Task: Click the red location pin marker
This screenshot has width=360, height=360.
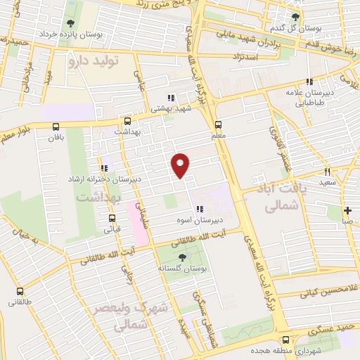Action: pos(181,165)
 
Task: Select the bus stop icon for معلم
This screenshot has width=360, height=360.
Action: pos(218,122)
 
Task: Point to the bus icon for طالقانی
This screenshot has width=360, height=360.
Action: pos(20,290)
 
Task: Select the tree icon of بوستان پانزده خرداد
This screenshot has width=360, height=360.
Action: pos(68,24)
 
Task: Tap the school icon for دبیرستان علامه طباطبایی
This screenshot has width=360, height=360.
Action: pos(309,82)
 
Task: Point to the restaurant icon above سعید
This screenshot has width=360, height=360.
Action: pos(327,172)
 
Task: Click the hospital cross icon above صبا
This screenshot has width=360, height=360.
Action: pos(347,210)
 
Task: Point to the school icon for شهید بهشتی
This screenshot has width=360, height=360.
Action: pos(169,98)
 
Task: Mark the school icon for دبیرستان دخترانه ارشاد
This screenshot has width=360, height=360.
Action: pos(104,168)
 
